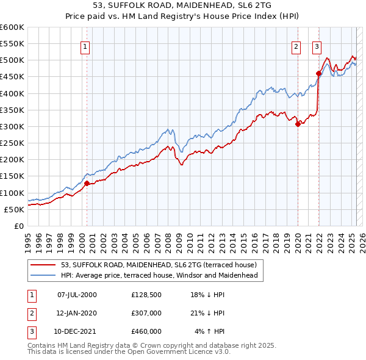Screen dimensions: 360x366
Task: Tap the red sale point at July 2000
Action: pos(87,183)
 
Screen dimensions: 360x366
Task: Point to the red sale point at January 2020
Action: pos(298,124)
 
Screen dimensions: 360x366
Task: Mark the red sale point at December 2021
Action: pos(318,73)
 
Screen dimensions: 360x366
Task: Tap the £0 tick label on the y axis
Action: pos(18,226)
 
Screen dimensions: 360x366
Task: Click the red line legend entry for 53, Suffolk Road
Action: pos(162,265)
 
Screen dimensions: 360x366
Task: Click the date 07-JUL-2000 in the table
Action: pos(77,295)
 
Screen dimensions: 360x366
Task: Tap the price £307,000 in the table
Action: pos(146,313)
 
